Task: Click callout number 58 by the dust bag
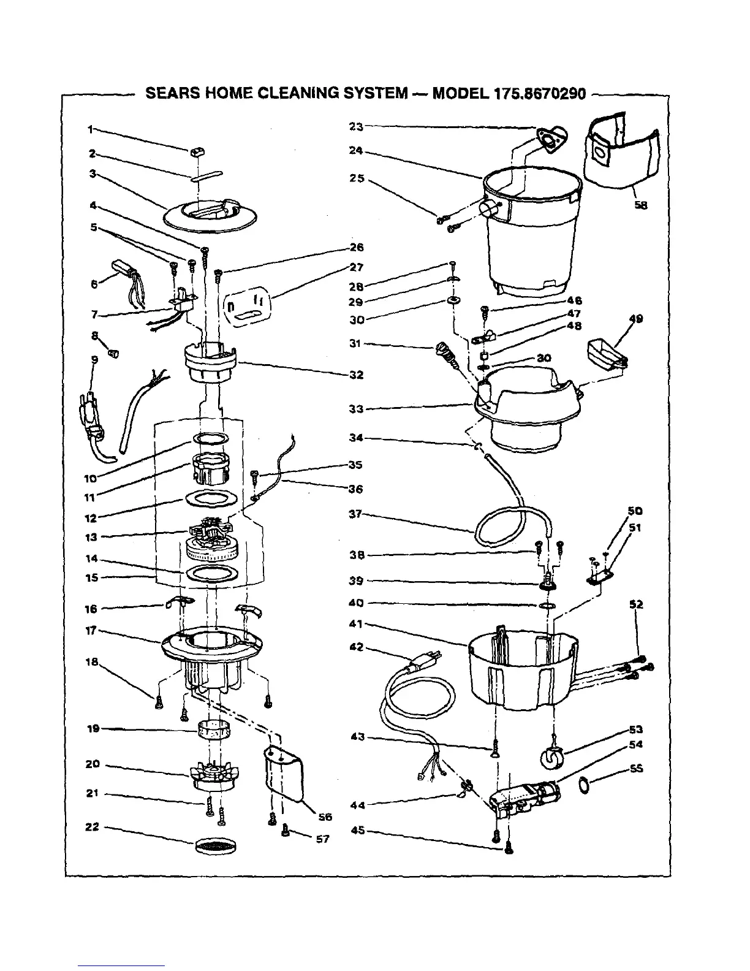[x=641, y=206]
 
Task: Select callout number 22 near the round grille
[x=92, y=827]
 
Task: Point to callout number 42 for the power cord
[x=356, y=647]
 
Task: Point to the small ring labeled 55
[x=585, y=783]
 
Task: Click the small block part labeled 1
[x=198, y=151]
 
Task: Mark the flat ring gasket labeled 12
[x=210, y=498]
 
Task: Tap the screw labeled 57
[x=286, y=831]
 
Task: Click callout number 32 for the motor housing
[x=357, y=375]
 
